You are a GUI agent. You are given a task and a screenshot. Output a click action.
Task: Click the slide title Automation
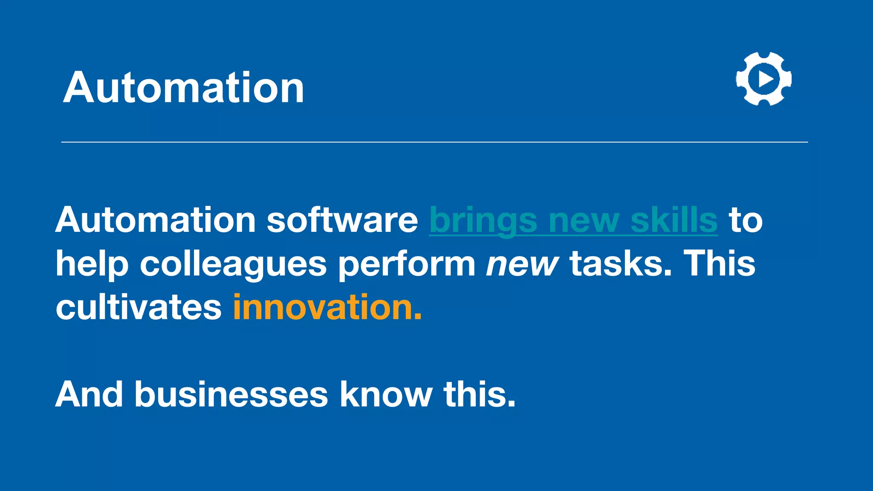pos(184,87)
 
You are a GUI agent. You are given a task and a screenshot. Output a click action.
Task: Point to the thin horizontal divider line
pos(434,142)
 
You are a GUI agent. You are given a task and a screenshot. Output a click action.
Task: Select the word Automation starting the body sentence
pos(155,220)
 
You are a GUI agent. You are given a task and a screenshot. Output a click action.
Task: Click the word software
pos(342,220)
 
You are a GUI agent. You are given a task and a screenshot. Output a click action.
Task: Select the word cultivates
pos(139,307)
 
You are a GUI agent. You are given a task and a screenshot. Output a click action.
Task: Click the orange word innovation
pos(327,307)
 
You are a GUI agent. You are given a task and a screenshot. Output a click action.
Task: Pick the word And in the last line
pos(89,394)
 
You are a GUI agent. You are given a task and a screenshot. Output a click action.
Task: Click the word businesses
pos(231,394)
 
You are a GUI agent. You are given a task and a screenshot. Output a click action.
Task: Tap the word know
pos(386,394)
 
